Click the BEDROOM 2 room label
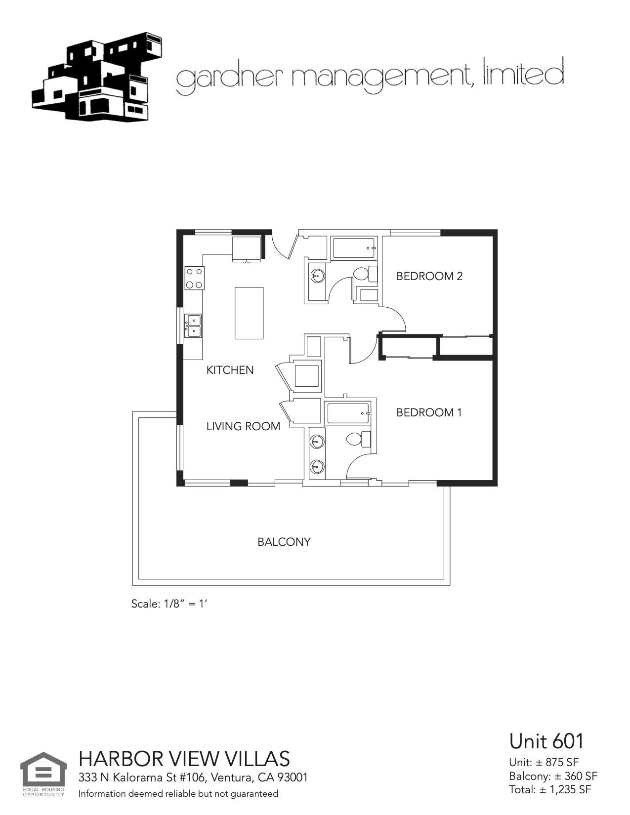(429, 276)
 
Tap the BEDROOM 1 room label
(429, 412)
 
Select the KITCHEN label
(230, 370)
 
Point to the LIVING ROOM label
(243, 426)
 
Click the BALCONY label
(284, 542)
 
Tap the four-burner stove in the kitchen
(194, 278)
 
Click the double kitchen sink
(193, 326)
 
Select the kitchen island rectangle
(249, 313)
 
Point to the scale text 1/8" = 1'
(168, 604)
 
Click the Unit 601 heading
(546, 741)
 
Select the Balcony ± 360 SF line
(553, 775)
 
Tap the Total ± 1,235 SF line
(550, 789)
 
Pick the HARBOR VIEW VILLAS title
(184, 759)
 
